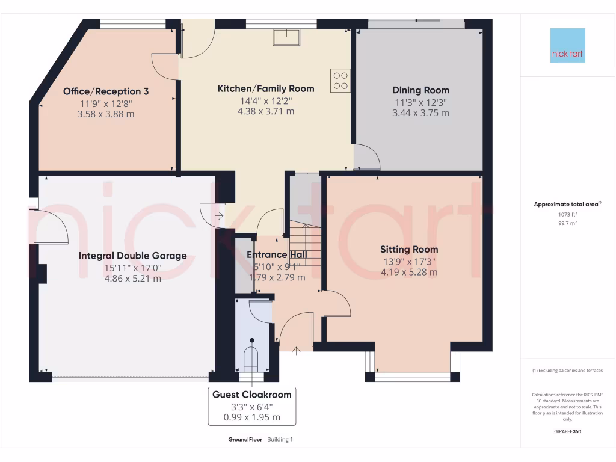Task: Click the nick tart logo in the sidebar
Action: point(567,45)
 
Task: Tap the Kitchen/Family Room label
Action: point(265,89)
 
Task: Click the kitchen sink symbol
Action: point(287,37)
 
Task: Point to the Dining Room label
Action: point(420,90)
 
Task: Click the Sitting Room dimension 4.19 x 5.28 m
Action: point(408,272)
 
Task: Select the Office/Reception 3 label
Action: point(106,91)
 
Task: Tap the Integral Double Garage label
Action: point(132,256)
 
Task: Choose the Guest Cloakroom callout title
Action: point(251,395)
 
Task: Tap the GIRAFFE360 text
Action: point(567,431)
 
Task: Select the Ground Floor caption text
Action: point(245,440)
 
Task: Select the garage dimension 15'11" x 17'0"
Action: point(132,268)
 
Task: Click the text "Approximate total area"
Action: point(566,205)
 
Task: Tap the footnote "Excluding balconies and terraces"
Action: point(567,371)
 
